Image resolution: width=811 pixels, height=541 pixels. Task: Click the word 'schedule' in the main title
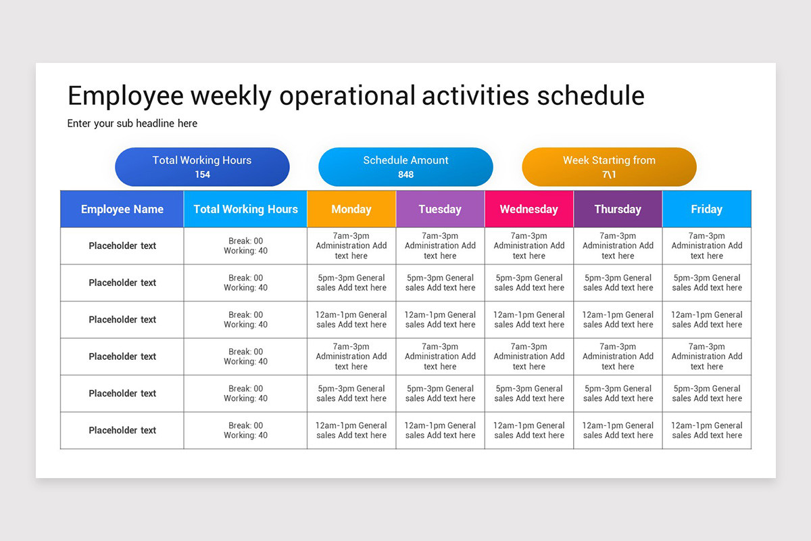590,96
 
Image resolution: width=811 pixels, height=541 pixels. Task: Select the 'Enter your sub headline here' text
132,124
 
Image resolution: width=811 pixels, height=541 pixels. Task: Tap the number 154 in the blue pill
202,174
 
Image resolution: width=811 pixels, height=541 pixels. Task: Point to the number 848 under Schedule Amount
405,174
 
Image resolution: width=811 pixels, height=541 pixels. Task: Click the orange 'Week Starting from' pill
609,166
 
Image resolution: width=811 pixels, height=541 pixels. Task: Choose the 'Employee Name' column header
122,209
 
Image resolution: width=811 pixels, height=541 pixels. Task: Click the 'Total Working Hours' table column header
245,209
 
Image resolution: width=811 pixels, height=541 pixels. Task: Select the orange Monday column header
351,209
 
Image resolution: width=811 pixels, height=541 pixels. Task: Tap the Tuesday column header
440,209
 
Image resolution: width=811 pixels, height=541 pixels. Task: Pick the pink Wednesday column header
529,209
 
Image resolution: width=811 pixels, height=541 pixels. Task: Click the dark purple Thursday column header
618,209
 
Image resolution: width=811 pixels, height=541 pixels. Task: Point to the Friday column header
706,209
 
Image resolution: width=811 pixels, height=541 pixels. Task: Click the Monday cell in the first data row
351,246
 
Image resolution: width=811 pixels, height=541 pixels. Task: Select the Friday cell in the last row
706,430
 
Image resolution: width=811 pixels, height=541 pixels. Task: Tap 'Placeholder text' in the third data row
122,320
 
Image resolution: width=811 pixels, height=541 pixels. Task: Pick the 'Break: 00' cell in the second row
245,283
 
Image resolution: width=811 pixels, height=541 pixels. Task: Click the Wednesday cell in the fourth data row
529,356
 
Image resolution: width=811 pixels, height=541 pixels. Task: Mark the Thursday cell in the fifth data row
618,394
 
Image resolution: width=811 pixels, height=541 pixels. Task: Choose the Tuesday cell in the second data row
440,283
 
